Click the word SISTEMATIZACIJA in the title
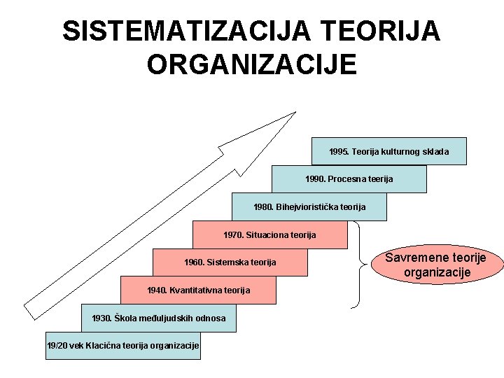[185, 31]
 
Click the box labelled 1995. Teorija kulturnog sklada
[388, 151]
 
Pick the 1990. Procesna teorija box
[349, 179]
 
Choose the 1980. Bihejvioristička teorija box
[309, 207]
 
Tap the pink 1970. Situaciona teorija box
[269, 235]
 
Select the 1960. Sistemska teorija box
[230, 262]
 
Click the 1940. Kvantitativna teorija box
[198, 290]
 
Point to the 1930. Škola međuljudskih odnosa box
[158, 318]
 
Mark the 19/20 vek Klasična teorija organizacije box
[122, 346]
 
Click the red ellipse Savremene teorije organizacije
[436, 265]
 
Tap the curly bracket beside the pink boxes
[360, 265]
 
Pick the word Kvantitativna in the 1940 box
[194, 290]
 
